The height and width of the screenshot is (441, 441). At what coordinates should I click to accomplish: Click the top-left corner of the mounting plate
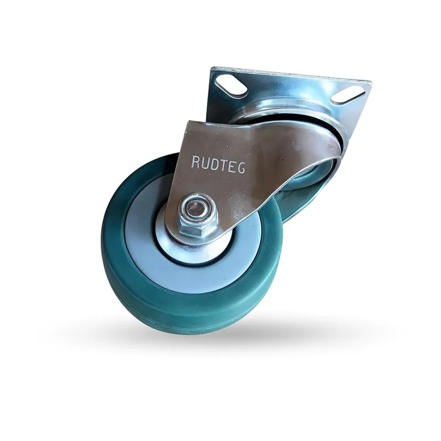[213, 69]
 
